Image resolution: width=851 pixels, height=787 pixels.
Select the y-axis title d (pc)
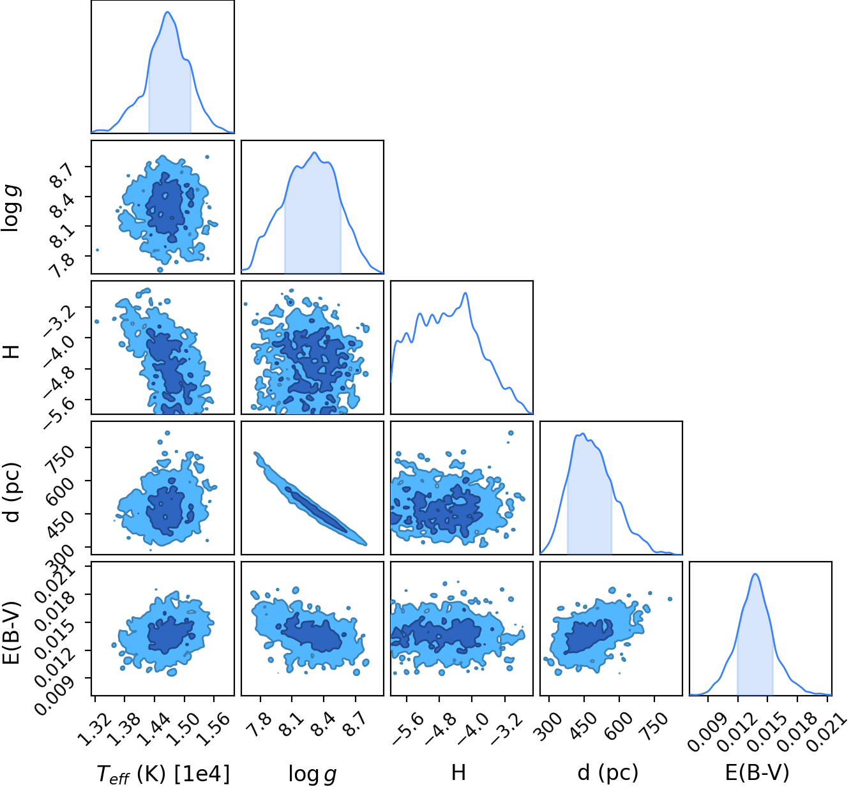13,493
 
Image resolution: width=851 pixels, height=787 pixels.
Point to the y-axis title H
12,352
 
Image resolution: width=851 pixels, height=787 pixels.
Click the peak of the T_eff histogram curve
167,12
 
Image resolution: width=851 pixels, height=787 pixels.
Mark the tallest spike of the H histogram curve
465,293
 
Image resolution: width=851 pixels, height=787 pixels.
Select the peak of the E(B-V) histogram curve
755,574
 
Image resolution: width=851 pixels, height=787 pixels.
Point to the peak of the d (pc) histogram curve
583,434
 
